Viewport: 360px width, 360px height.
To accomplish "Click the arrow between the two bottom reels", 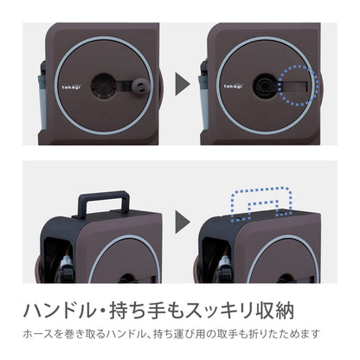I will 182,222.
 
